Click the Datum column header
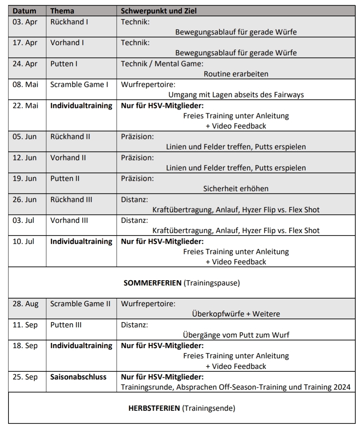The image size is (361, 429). pos(24,11)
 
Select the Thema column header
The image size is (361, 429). pos(62,11)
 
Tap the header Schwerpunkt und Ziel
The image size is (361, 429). pos(159,11)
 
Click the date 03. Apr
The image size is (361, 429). pos(25,22)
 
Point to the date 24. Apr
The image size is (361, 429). pos(25,64)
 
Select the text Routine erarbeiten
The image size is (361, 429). pos(236,74)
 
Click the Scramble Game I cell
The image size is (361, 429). pos(79,85)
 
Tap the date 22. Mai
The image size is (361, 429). pos(25,105)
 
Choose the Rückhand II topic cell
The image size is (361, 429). pos(70,137)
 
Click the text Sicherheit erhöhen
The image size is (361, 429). pos(236,189)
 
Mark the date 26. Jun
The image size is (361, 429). pos(25,200)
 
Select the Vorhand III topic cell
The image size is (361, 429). pos(69,220)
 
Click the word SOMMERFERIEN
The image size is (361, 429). pos(152,283)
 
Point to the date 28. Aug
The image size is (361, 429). pos(25,304)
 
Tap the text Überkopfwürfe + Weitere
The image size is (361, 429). pos(236,314)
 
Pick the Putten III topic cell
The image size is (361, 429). pos(66,325)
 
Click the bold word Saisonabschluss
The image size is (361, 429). pos(78,377)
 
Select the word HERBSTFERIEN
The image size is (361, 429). pos(154,408)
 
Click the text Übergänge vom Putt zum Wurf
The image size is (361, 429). pos(236,335)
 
